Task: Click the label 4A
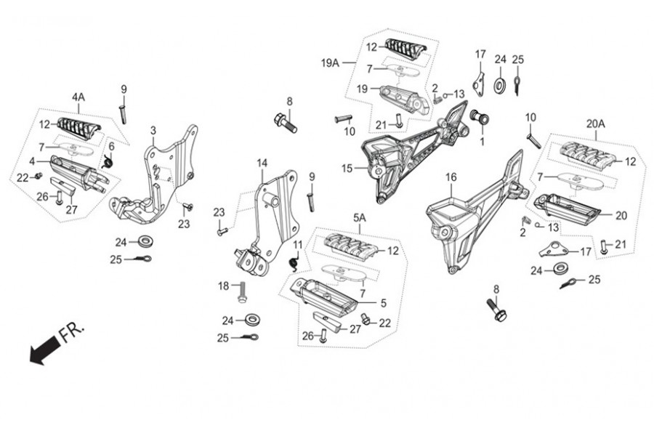[x=78, y=97]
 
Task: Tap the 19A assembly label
[x=331, y=63]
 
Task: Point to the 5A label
[x=360, y=217]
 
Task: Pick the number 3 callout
[x=153, y=130]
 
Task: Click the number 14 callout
[x=262, y=163]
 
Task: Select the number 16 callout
[x=451, y=177]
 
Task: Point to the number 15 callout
[x=347, y=169]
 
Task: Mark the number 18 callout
[x=223, y=286]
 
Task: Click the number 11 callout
[x=297, y=244]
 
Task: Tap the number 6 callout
[x=111, y=148]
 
